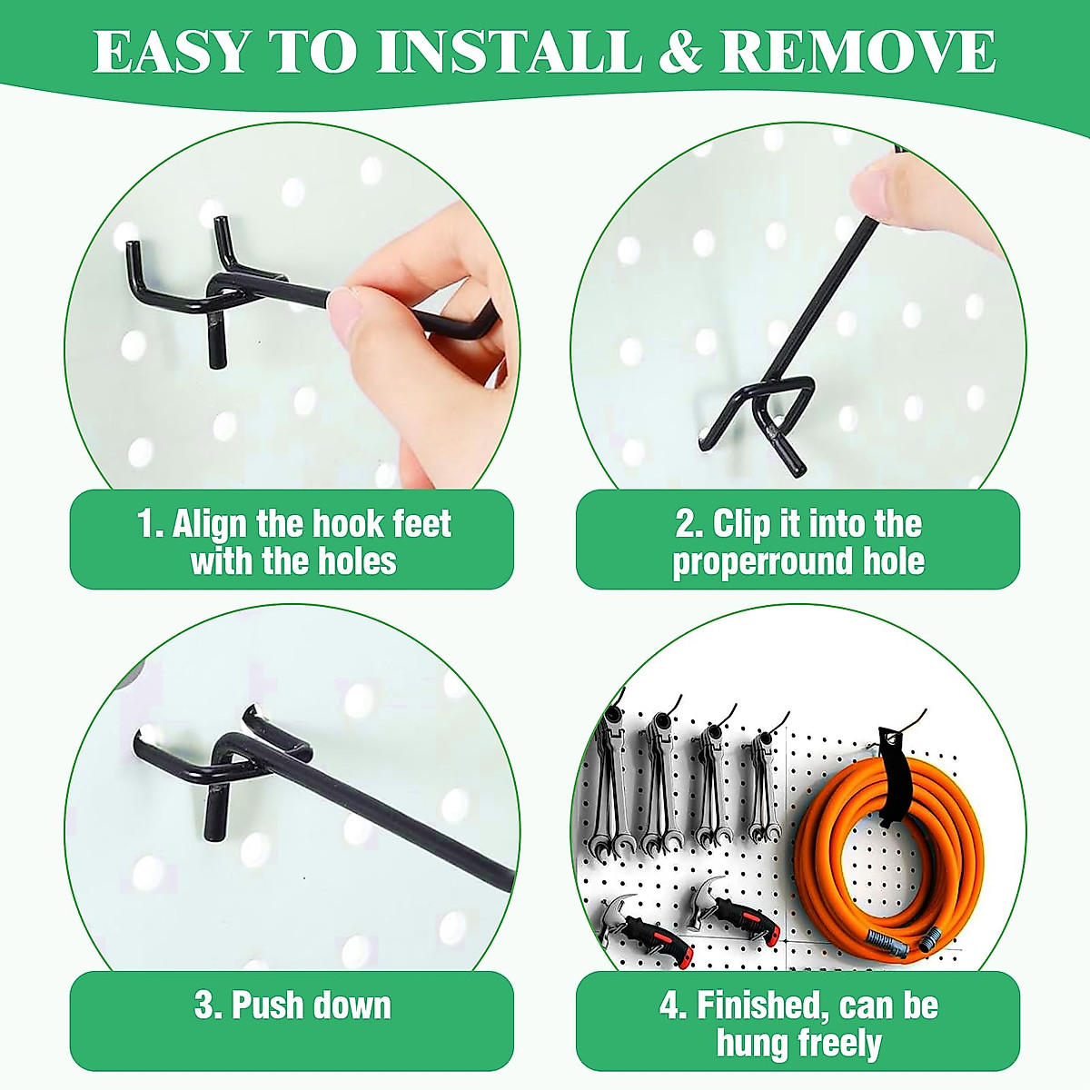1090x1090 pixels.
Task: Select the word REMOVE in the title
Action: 857,52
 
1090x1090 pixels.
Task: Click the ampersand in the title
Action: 679,52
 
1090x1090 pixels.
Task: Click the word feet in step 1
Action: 421,524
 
